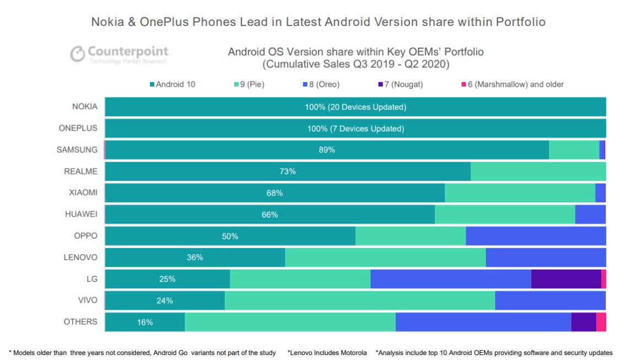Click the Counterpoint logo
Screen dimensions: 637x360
118,55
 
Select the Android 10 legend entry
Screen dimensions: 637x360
172,84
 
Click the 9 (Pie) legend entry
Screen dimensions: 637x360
249,84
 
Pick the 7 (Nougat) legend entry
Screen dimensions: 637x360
401,84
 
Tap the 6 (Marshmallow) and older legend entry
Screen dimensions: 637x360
512,84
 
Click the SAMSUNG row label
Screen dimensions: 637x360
77,149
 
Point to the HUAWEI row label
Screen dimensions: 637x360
81,214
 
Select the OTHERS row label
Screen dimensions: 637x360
80,322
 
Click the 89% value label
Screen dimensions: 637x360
327,150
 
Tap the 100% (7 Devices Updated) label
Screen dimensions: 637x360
355,129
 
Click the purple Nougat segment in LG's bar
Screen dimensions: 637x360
566,279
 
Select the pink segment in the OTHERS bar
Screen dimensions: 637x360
601,322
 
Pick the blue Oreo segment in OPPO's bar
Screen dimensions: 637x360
536,236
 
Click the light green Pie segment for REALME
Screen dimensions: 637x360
538,171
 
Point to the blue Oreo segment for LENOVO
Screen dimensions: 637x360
546,257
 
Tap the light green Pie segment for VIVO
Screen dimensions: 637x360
360,300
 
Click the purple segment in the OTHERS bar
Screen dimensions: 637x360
584,322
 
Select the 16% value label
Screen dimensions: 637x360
144,322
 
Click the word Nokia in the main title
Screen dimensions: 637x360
107,22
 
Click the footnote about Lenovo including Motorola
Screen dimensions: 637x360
327,353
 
